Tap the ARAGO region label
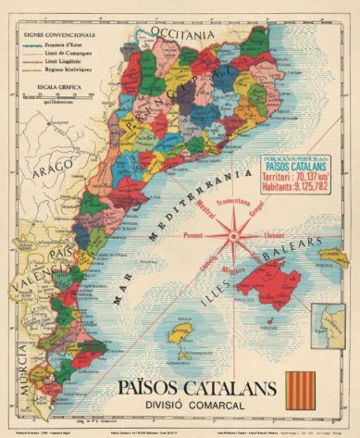tap(48, 171)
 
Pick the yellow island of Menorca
tap(332, 254)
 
